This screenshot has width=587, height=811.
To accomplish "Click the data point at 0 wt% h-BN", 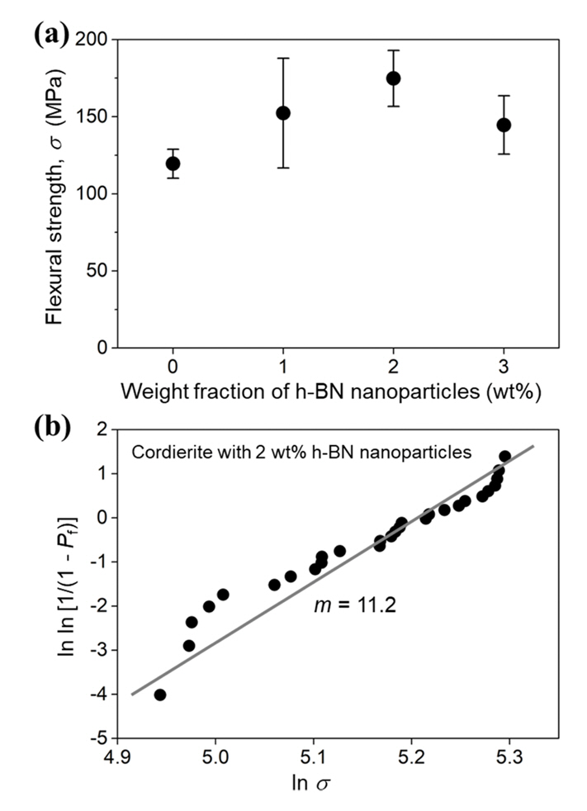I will pyautogui.click(x=173, y=164).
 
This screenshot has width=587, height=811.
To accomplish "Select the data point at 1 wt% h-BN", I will pyautogui.click(x=283, y=113).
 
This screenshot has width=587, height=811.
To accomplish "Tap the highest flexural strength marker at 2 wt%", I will pyautogui.click(x=394, y=78).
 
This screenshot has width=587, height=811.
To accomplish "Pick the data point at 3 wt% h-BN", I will pyautogui.click(x=504, y=126).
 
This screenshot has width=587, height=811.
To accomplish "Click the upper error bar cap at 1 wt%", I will pyautogui.click(x=283, y=59).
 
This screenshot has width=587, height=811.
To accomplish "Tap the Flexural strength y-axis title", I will pyautogui.click(x=55, y=194).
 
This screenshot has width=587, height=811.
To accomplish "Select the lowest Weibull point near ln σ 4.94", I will pyautogui.click(x=160, y=695).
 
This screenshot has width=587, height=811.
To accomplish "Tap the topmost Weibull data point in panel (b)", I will pyautogui.click(x=504, y=456).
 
